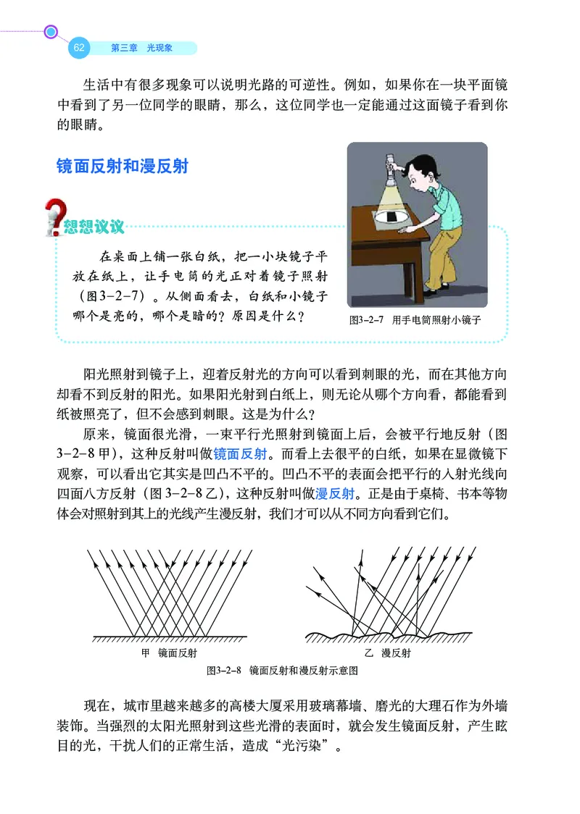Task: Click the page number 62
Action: click(79, 48)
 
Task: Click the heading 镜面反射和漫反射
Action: click(123, 166)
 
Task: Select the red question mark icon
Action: click(53, 218)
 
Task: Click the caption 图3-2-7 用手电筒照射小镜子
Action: click(415, 319)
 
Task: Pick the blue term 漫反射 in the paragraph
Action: click(334, 494)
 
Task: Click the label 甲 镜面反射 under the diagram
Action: click(169, 653)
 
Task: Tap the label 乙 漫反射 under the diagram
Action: click(387, 653)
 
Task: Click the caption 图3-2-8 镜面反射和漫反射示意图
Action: click(283, 671)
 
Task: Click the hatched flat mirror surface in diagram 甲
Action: click(170, 638)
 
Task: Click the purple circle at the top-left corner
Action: click(51, 31)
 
